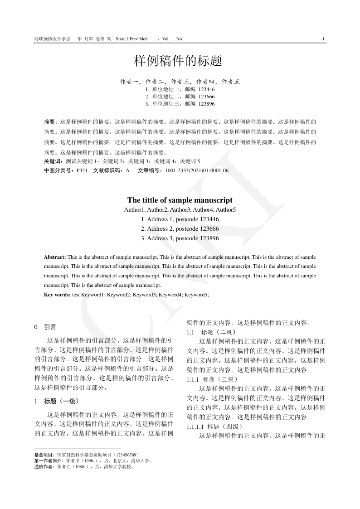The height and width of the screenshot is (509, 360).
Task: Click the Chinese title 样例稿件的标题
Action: (180, 60)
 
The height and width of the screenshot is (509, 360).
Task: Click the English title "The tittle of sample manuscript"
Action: (180, 200)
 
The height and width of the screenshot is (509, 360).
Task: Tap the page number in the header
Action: (323, 39)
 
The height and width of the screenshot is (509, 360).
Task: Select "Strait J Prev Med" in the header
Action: (132, 39)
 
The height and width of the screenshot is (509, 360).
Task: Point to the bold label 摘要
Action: (50, 122)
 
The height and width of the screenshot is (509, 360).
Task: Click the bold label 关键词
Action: (54, 161)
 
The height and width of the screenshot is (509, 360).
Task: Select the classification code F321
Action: (82, 170)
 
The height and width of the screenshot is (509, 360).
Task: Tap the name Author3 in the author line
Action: (180, 210)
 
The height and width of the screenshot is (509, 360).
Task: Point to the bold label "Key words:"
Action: (57, 295)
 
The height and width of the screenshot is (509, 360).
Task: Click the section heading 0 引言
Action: (45, 326)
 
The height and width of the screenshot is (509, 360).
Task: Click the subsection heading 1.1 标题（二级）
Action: (211, 332)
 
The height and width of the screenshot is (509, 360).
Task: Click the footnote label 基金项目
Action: (44, 454)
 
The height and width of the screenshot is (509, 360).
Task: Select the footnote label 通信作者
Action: (44, 466)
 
